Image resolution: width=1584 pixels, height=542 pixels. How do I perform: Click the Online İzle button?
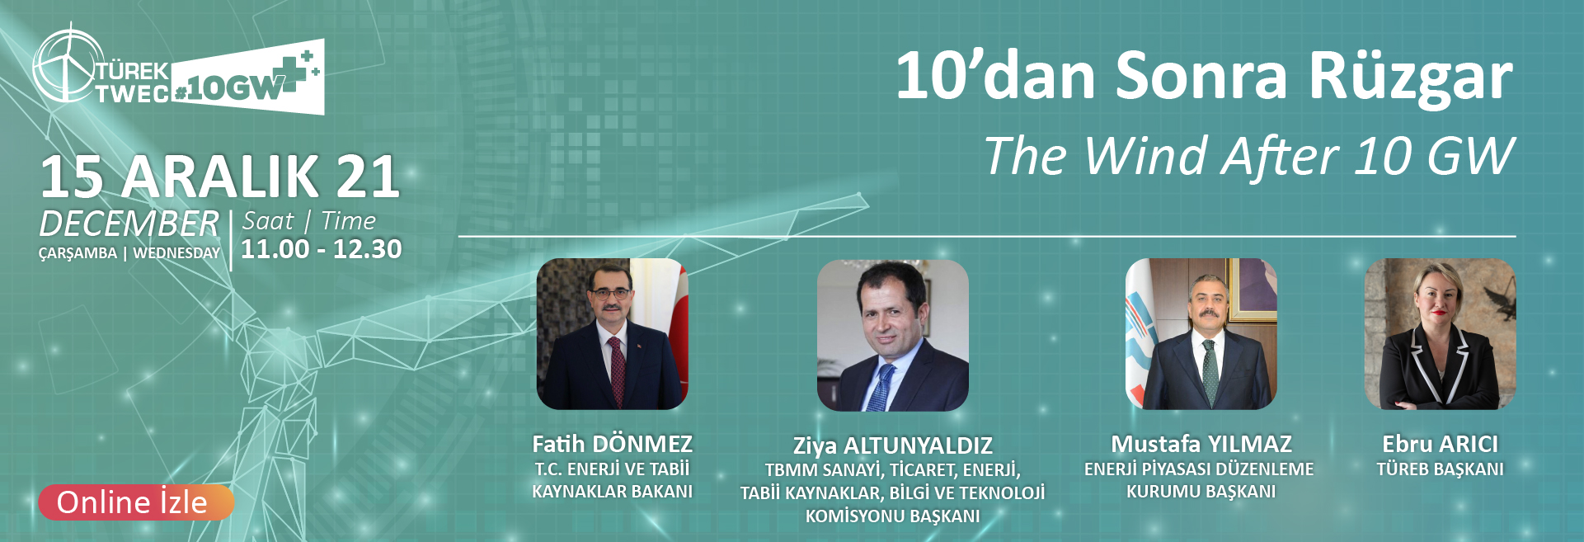pyautogui.click(x=136, y=502)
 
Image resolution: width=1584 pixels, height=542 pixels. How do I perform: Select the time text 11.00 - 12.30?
pyautogui.click(x=322, y=249)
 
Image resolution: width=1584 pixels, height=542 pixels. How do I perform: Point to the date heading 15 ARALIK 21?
pyautogui.click(x=220, y=177)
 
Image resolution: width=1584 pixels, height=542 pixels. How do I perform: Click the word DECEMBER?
pyautogui.click(x=129, y=224)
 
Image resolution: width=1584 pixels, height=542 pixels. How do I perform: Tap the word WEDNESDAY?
pyautogui.click(x=176, y=253)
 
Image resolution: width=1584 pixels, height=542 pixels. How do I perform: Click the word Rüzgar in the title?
pyautogui.click(x=1411, y=76)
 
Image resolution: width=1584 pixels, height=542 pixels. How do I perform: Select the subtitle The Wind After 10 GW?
pyautogui.click(x=1249, y=156)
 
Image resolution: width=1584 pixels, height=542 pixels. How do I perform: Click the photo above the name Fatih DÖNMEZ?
pyautogui.click(x=613, y=334)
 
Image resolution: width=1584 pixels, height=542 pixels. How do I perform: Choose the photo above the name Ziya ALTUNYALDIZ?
pyautogui.click(x=893, y=335)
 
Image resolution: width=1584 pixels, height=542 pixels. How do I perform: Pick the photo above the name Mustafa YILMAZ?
pyautogui.click(x=1201, y=334)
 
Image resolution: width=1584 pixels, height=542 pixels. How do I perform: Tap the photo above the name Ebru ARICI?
pyautogui.click(x=1441, y=334)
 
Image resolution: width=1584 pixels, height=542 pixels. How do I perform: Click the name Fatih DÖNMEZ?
pyautogui.click(x=613, y=444)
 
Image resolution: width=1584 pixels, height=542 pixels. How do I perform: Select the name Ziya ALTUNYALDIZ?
pyautogui.click(x=893, y=445)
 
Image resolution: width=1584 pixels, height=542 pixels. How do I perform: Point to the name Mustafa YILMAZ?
pyautogui.click(x=1201, y=444)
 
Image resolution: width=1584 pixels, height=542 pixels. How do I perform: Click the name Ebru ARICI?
pyautogui.click(x=1441, y=444)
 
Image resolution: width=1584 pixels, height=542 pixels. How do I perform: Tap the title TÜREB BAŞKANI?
pyautogui.click(x=1441, y=469)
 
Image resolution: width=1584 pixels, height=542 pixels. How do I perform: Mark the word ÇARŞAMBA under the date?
pyautogui.click(x=78, y=253)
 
